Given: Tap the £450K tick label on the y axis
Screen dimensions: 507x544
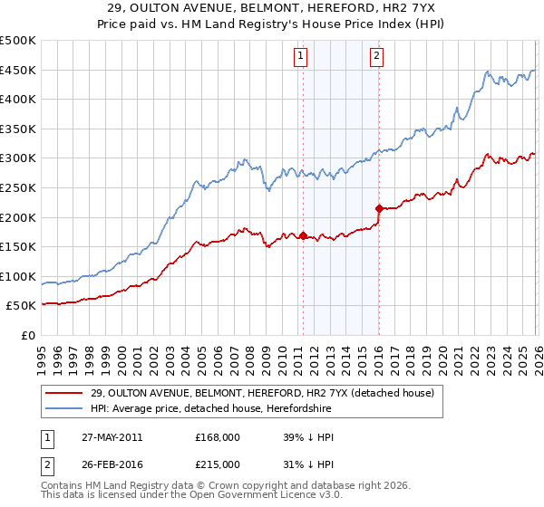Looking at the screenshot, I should (x=18, y=71).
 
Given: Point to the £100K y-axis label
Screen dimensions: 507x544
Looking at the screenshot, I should (x=18, y=276).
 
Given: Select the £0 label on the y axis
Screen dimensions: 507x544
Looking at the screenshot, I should (x=27, y=335).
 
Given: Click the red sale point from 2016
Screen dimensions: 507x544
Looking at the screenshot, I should (x=378, y=208).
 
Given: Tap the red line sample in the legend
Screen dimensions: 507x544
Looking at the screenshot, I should (x=65, y=393).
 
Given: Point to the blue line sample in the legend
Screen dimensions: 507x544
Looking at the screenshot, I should (x=65, y=408).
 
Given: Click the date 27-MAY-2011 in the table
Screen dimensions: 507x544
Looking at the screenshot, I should (x=112, y=437).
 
